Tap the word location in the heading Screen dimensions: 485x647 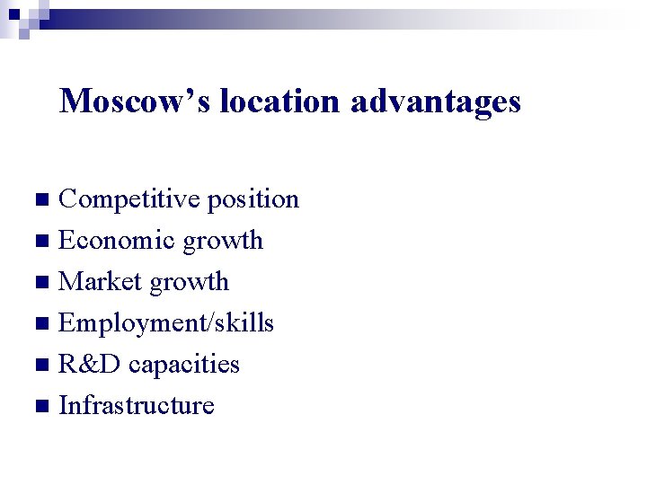point(279,101)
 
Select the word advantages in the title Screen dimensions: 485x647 point(436,101)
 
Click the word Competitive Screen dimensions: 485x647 point(129,199)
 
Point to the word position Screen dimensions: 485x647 point(253,199)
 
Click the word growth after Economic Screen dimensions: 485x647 point(223,241)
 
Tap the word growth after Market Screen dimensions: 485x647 point(189,282)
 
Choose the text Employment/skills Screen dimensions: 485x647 point(166,323)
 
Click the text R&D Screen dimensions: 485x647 point(89,365)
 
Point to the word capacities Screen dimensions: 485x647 point(184,365)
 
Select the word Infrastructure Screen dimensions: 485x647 point(137,406)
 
